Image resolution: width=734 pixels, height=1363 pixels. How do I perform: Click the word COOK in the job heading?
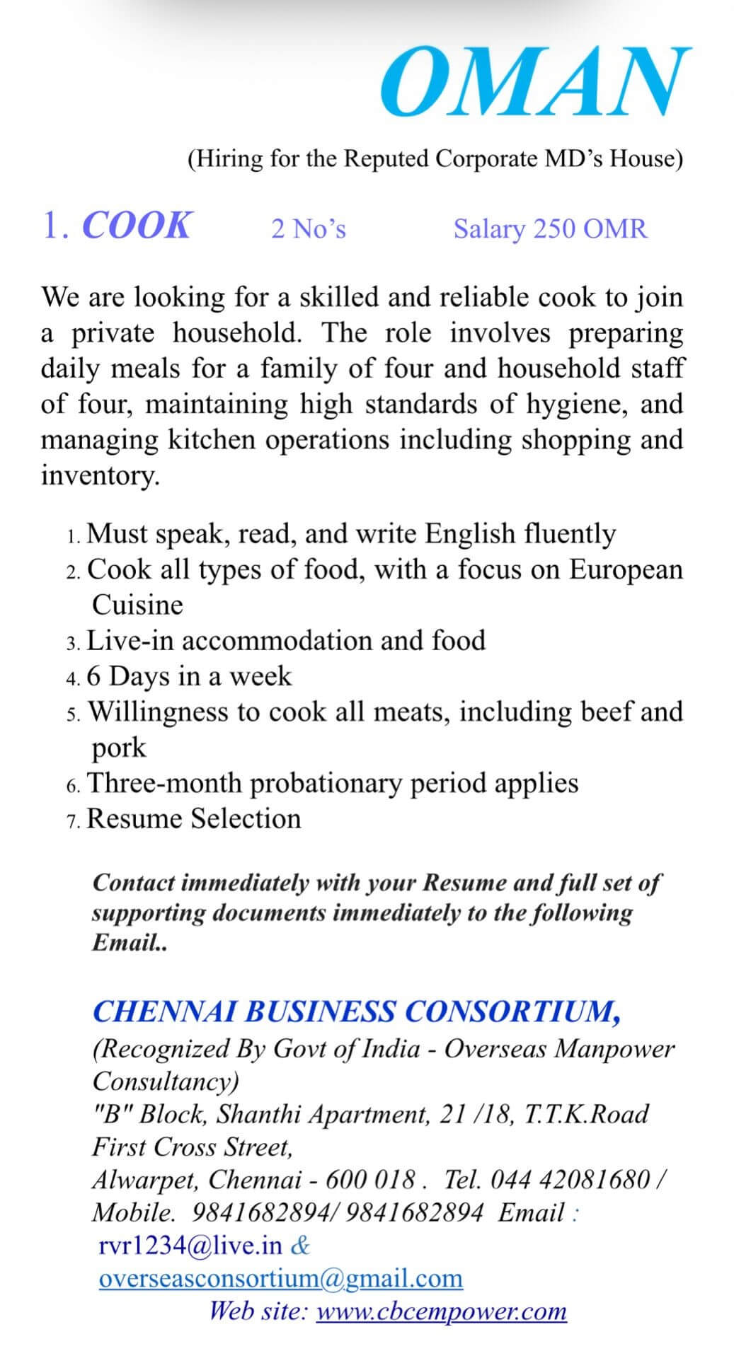[x=137, y=226]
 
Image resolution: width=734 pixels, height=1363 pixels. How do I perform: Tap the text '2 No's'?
[x=309, y=229]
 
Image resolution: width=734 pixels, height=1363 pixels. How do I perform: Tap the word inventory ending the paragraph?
[x=99, y=475]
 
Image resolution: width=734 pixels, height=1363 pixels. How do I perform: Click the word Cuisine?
[x=137, y=605]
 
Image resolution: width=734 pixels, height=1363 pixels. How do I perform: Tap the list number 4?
[x=72, y=678]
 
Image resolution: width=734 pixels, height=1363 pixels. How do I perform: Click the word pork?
[x=119, y=748]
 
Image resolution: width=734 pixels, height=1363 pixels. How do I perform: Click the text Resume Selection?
[x=193, y=818]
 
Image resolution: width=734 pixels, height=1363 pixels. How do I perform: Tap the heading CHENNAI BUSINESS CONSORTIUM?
[x=357, y=1011]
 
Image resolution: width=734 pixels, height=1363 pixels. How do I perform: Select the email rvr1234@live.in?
[x=190, y=1246]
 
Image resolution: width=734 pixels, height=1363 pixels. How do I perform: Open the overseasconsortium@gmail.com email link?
[x=281, y=1278]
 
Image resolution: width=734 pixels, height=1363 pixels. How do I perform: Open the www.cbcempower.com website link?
[x=441, y=1311]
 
